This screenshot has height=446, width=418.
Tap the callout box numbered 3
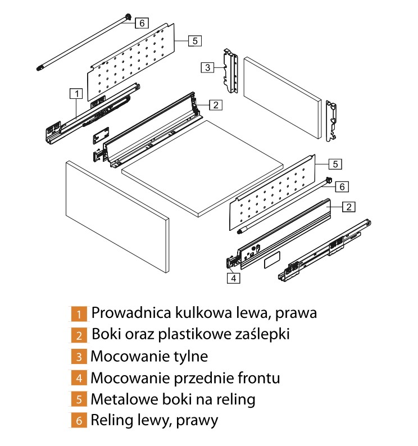pyautogui.click(x=207, y=67)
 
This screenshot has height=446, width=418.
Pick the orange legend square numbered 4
pyautogui.click(x=79, y=377)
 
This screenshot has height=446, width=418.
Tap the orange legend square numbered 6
pyautogui.click(x=79, y=420)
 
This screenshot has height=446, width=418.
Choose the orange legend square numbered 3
pyautogui.click(x=79, y=356)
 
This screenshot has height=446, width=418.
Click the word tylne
pyautogui.click(x=188, y=356)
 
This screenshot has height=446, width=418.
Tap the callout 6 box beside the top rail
pyautogui.click(x=142, y=22)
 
